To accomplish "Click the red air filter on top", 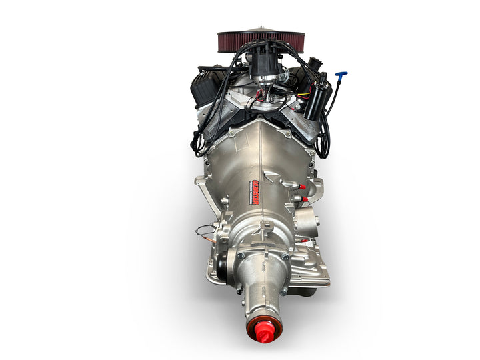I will click(x=261, y=41).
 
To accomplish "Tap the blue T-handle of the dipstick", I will click(x=341, y=74).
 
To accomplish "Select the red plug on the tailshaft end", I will click(x=262, y=331).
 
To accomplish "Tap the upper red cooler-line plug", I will click(x=301, y=187).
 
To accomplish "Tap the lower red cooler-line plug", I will click(x=305, y=199).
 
